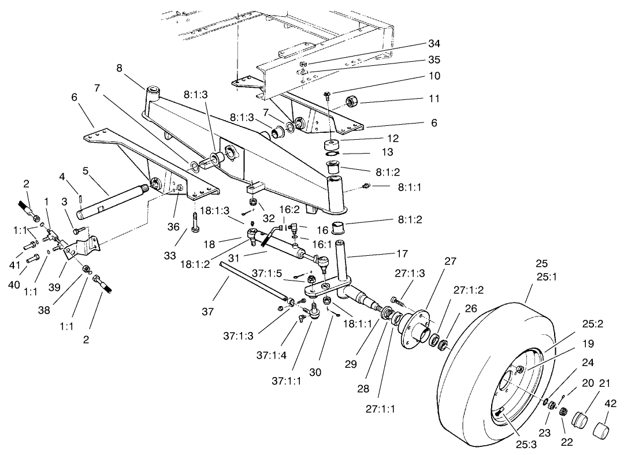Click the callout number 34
434,44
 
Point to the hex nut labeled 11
351,103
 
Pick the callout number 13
387,152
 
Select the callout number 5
85,171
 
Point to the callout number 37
208,312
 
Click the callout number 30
315,372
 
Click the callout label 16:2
289,210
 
